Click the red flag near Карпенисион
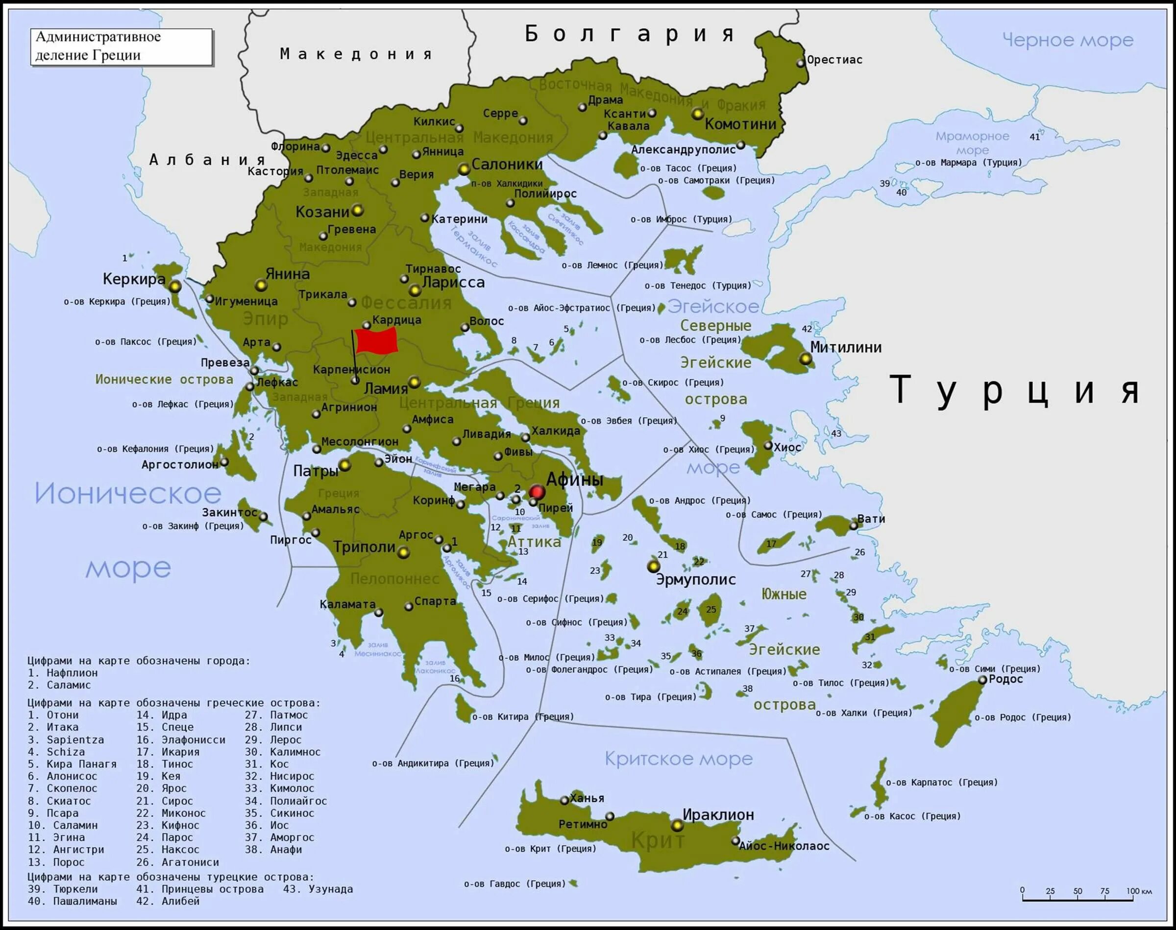point(376,341)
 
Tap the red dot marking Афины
point(537,492)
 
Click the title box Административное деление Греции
point(121,47)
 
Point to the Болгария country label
point(630,34)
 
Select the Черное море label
point(1068,40)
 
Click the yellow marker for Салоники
point(464,169)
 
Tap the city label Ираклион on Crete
point(718,814)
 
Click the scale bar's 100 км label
point(1139,891)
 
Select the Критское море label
point(678,759)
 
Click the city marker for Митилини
point(805,358)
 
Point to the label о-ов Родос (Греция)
point(1023,717)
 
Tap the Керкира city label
point(133,279)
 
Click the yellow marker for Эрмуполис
point(653,566)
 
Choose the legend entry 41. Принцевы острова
point(200,889)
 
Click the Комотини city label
point(740,124)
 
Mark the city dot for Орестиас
point(800,63)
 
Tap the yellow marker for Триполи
point(403,553)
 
